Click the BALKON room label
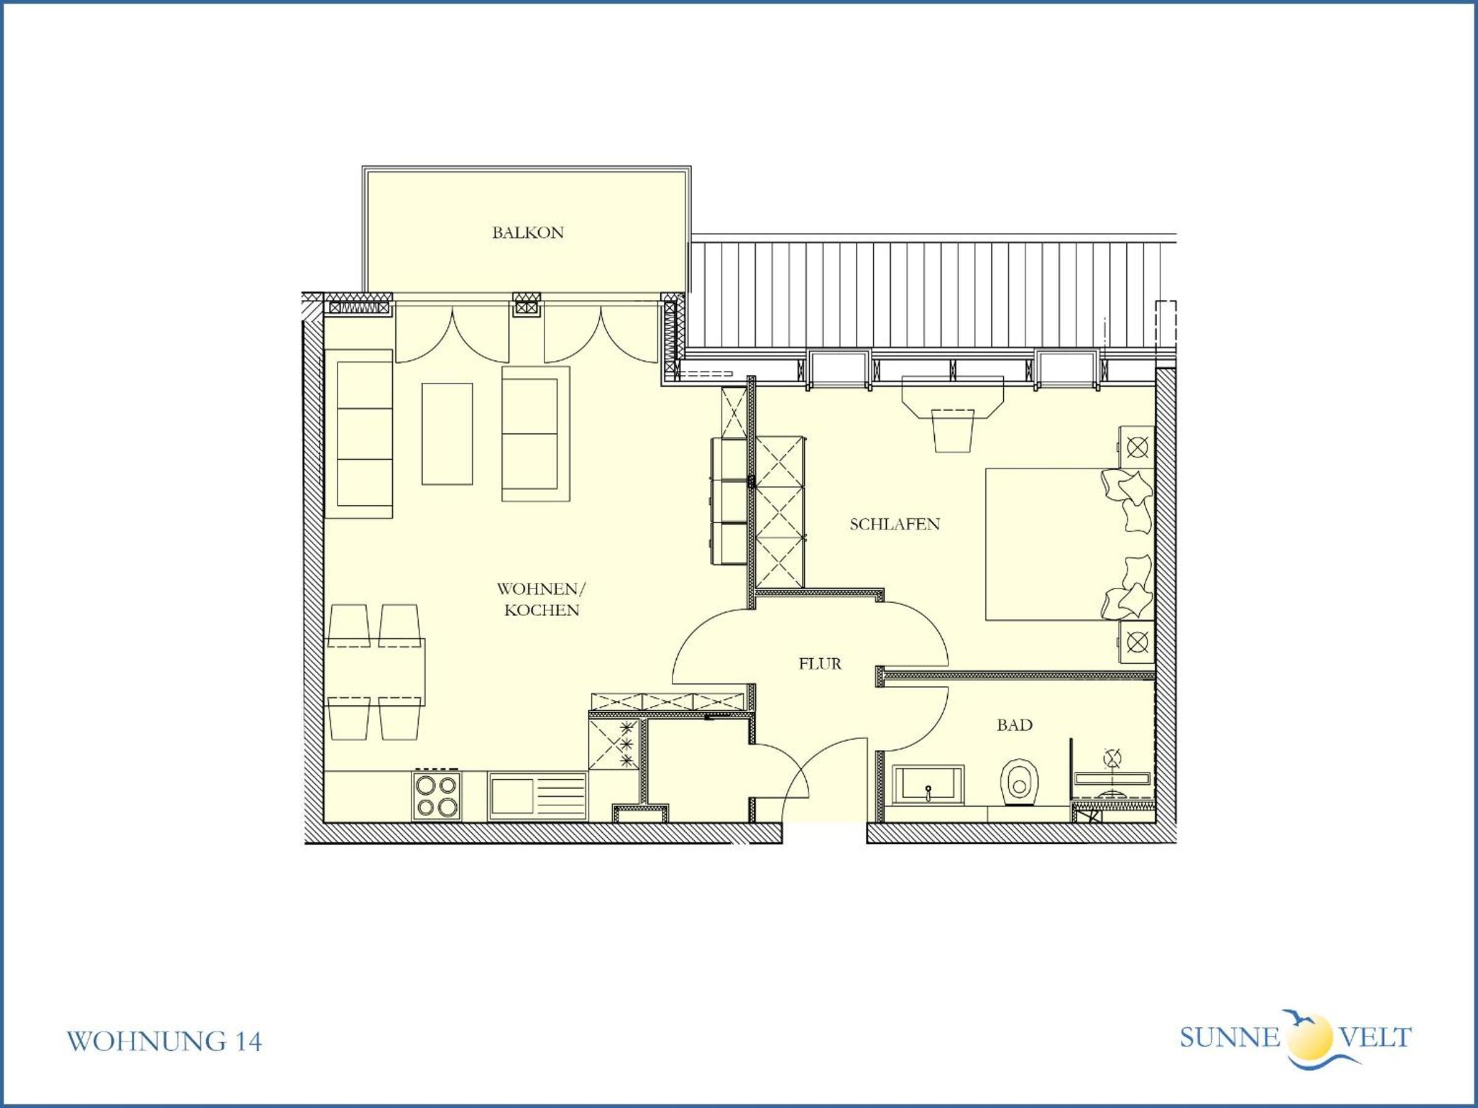tap(528, 233)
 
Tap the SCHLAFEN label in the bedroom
tap(895, 524)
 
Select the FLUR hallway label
tap(820, 664)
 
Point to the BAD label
tap(1014, 725)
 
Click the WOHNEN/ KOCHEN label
tap(541, 599)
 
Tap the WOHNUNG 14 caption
tap(164, 1042)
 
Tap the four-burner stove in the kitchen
tap(438, 795)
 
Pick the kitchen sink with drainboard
tap(538, 796)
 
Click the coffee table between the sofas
tap(447, 434)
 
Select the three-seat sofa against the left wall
tap(359, 433)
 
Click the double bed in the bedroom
tap(1070, 544)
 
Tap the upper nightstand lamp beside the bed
tap(1137, 447)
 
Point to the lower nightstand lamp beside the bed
tap(1137, 643)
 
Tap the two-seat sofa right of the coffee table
tap(536, 433)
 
